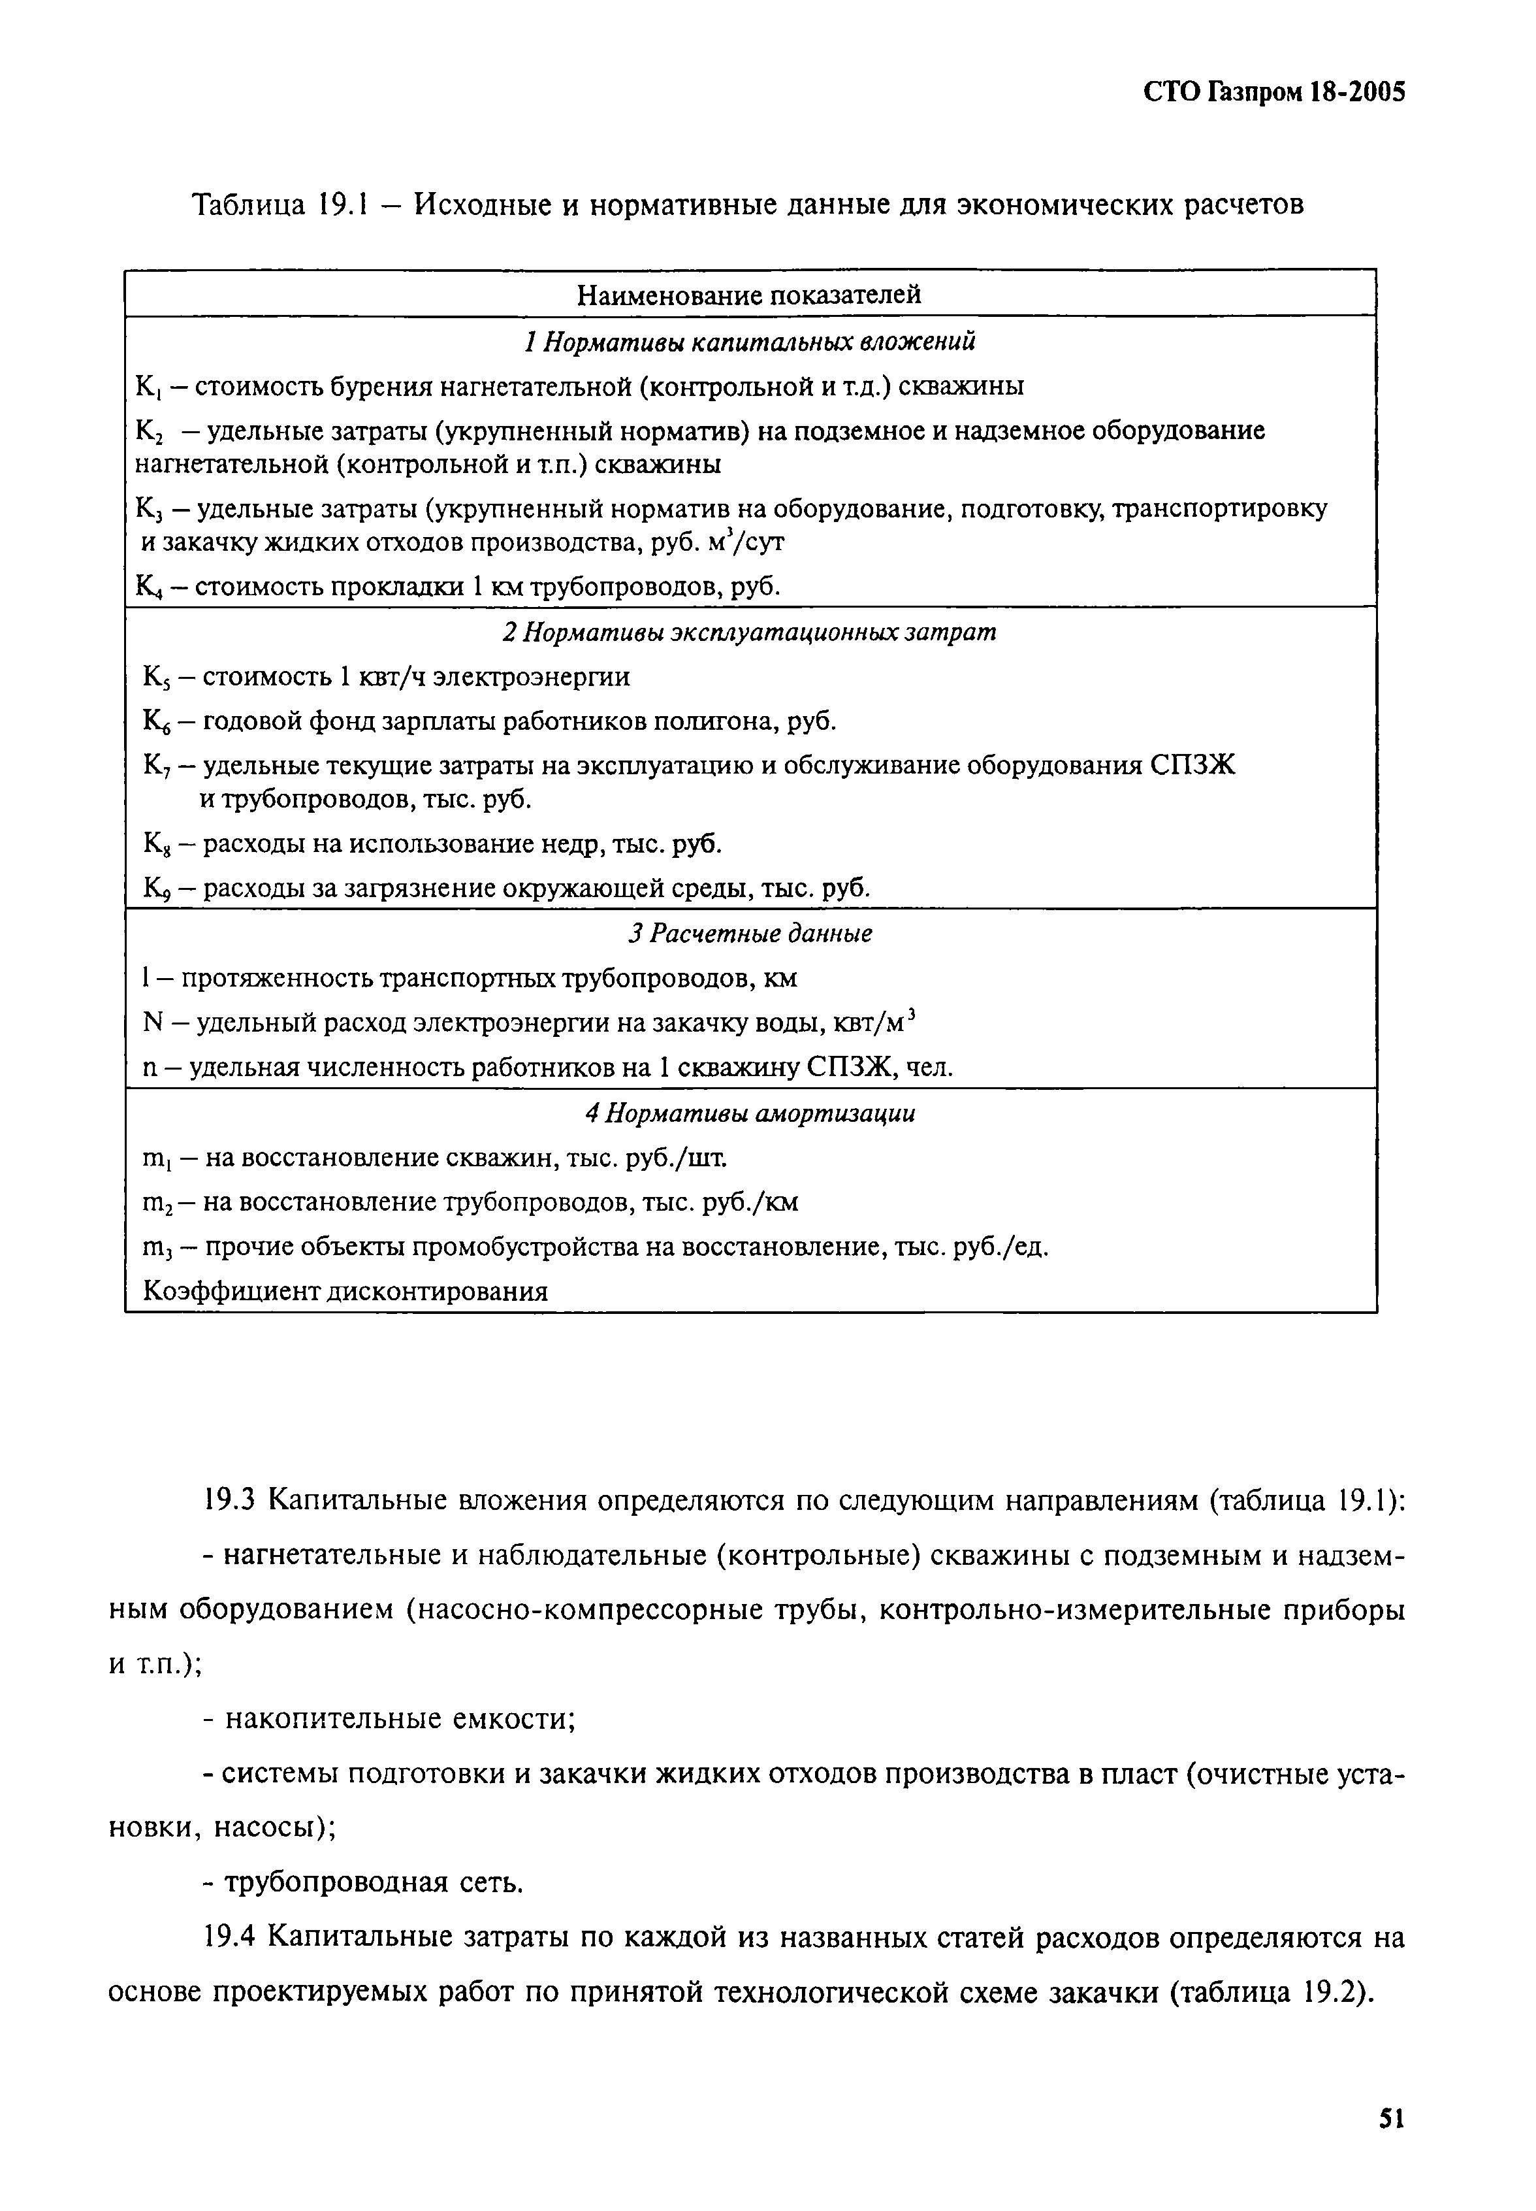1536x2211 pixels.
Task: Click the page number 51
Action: click(x=1392, y=2118)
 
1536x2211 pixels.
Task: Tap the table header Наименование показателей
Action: click(x=749, y=295)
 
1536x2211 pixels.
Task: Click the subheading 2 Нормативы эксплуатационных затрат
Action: click(x=750, y=632)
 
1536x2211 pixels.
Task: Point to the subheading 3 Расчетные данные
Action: click(x=750, y=934)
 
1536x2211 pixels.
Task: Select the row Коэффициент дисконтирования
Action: click(x=345, y=1292)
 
